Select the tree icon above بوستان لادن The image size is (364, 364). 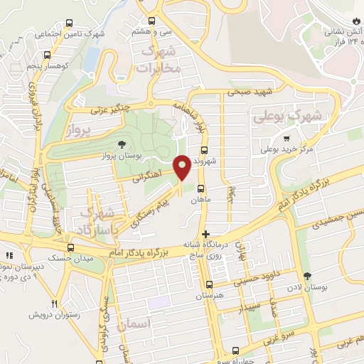pyautogui.click(x=307, y=276)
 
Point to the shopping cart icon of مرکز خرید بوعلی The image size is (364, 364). pyautogui.click(x=286, y=139)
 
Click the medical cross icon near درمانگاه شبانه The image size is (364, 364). pyautogui.click(x=206, y=234)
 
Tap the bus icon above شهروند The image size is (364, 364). pyautogui.click(x=205, y=151)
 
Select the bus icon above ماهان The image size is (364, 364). pyautogui.click(x=200, y=189)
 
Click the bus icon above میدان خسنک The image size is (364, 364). pyautogui.click(x=70, y=247)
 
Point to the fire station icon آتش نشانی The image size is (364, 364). pyautogui.click(x=357, y=21)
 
